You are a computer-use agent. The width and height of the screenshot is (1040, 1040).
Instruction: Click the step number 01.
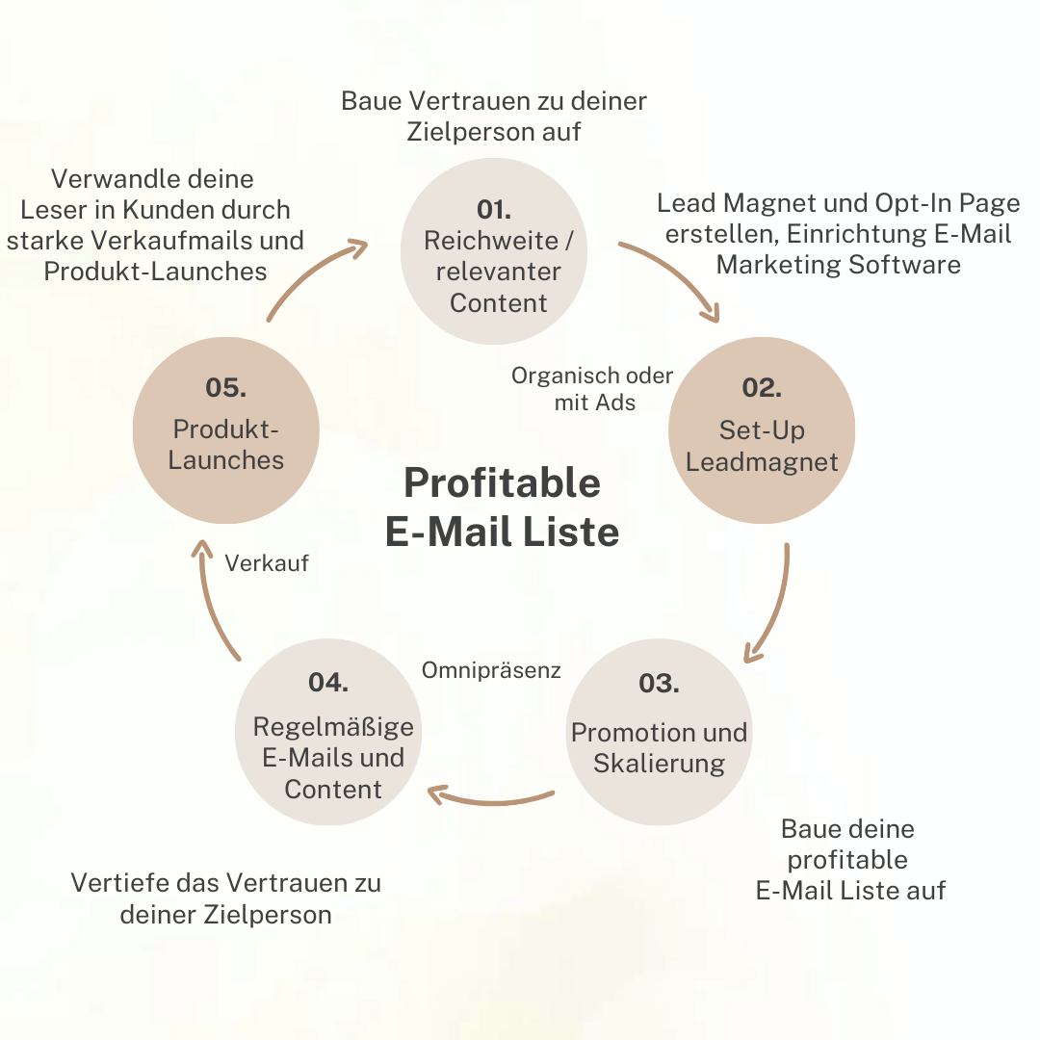[493, 209]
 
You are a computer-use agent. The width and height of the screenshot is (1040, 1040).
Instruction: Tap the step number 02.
[761, 388]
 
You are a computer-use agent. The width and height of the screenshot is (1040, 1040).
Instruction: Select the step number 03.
[659, 683]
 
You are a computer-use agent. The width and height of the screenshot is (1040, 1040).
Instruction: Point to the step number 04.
[328, 682]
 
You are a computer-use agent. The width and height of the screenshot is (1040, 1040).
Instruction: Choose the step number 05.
[225, 388]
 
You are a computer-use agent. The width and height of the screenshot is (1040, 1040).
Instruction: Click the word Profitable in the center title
[502, 482]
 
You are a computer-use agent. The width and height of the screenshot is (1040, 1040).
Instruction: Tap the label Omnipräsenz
[491, 669]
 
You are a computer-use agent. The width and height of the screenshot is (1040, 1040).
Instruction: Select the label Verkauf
[267, 563]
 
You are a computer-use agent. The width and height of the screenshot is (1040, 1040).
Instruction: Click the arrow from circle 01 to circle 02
[674, 274]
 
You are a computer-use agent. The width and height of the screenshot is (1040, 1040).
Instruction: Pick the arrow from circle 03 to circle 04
[491, 798]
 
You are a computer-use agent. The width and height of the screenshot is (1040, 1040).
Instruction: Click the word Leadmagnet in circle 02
[762, 461]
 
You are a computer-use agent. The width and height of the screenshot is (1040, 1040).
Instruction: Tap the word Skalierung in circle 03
[659, 764]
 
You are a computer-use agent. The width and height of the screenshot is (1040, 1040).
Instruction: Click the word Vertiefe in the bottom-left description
[113, 882]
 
